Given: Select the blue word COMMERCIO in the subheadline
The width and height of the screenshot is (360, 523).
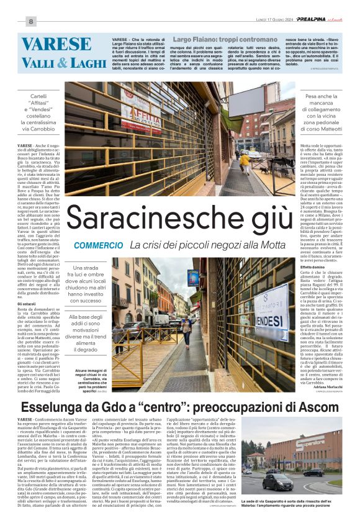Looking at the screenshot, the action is pos(96,246).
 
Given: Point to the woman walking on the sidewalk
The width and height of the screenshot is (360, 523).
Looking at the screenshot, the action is pos(186,329).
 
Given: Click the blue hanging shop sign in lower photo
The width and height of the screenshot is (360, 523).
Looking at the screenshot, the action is pos(192,278).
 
